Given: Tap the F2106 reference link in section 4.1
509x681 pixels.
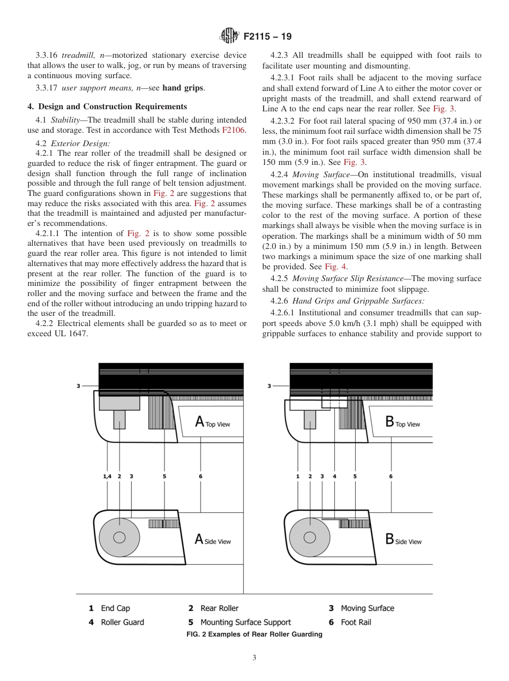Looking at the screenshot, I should (234, 130).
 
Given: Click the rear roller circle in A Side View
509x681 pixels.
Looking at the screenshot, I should (119, 537).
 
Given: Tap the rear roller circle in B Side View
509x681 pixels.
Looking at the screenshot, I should (310, 537).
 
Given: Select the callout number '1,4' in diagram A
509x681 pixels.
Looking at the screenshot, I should (107, 476).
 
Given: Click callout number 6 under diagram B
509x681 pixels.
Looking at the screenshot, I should (391, 476).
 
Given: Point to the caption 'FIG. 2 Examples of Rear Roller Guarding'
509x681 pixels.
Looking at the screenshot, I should (254, 634).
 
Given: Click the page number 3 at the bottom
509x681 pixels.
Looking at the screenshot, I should (254, 658).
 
